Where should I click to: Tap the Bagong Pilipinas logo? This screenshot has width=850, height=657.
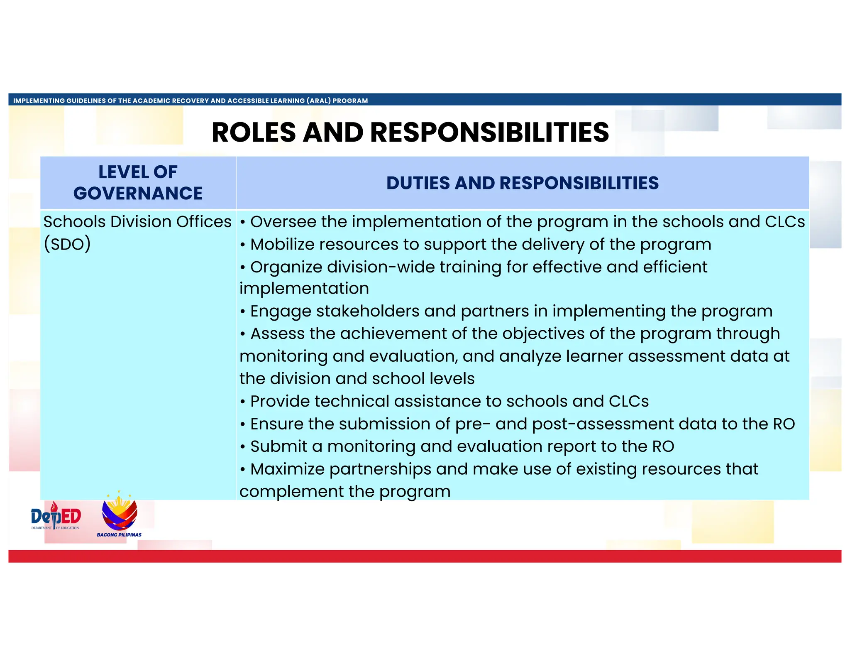pos(120,515)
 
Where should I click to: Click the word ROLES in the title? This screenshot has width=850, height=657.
pos(254,133)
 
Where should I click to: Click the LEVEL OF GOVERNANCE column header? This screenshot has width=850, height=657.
pos(138,183)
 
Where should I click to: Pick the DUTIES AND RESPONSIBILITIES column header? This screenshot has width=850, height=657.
pos(522,183)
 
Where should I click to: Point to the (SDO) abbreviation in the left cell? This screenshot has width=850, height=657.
pos(67,244)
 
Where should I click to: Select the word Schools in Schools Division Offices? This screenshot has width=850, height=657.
pos(74,222)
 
